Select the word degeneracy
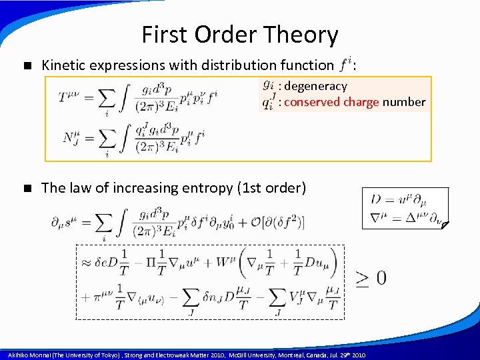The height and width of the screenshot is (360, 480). (317, 86)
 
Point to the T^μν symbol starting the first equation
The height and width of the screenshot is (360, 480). (71, 97)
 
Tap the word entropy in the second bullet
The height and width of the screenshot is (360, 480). (203, 188)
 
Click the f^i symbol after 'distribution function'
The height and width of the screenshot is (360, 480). (345, 65)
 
